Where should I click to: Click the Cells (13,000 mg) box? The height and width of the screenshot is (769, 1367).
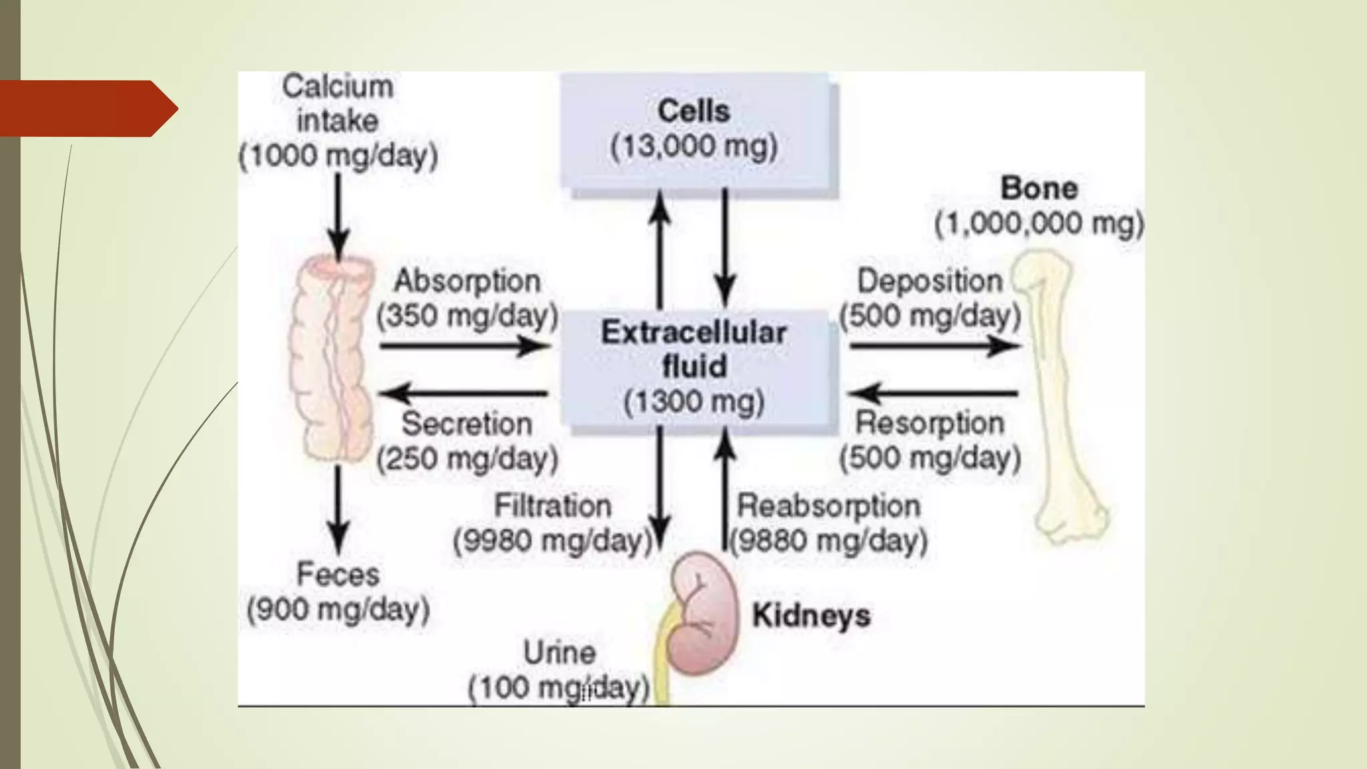[698, 132]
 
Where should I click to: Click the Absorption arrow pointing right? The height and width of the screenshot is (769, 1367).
[465, 346]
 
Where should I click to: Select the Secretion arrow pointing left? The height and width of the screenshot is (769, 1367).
[463, 393]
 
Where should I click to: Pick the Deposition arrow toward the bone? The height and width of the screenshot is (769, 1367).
[935, 346]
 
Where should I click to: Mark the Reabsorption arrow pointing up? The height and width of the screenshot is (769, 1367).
[725, 488]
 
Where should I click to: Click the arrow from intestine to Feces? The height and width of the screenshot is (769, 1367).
[338, 511]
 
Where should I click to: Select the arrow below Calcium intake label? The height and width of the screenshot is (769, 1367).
[338, 217]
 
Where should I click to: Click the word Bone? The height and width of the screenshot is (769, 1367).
[1039, 188]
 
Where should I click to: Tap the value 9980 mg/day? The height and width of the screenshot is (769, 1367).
[552, 541]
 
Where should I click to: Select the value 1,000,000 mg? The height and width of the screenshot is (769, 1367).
[1039, 224]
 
